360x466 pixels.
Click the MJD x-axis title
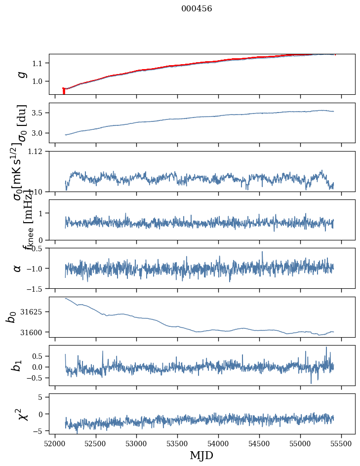(x=201, y=455)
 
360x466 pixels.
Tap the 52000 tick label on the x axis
(x=55, y=443)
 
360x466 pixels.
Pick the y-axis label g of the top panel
(x=21, y=74)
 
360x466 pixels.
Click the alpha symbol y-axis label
(x=18, y=268)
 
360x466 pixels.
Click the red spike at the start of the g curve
(x=64, y=91)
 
